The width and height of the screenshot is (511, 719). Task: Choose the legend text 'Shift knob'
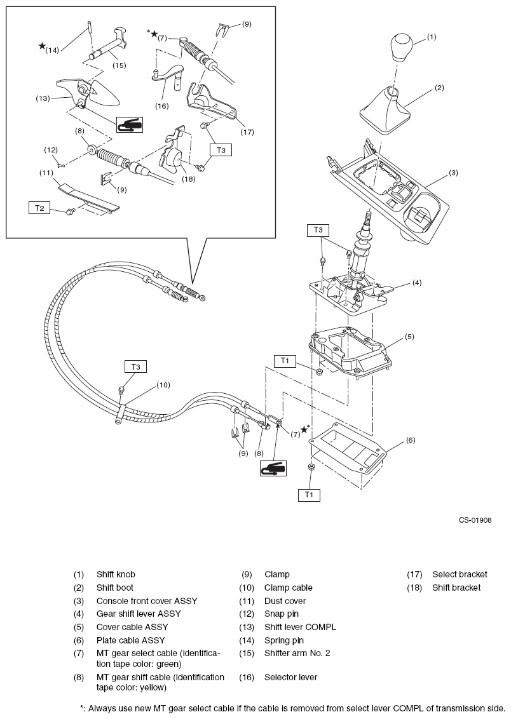tap(116, 574)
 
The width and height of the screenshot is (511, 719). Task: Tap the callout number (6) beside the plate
tap(410, 440)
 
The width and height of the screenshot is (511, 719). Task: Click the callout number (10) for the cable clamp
tap(163, 384)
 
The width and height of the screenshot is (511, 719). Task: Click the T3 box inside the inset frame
tap(221, 151)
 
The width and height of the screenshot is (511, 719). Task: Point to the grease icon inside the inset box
tap(129, 124)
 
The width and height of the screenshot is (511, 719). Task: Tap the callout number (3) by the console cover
tap(453, 172)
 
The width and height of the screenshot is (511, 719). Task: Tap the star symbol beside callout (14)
tap(42, 46)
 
